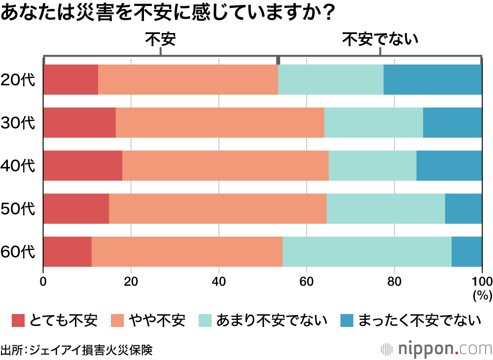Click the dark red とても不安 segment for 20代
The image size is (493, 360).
pos(70,79)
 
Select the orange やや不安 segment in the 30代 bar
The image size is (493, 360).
pos(219,122)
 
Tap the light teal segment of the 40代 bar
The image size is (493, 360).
pos(372,166)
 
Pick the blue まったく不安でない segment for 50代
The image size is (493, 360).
pos(463,209)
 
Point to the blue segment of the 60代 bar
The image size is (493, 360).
pos(467,252)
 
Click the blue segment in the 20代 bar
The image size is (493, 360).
pos(432,79)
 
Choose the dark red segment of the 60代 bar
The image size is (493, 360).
pos(68,252)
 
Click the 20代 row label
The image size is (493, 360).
pos(18,79)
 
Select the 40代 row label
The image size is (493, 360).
pos(18,166)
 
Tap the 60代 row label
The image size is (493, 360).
pos(18,252)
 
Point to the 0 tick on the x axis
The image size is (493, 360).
pos(43,282)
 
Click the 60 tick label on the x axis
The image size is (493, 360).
pos(307,282)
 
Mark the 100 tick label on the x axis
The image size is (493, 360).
pos(482,282)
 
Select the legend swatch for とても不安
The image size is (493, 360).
pos(18,321)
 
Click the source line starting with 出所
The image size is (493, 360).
pos(76,350)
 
